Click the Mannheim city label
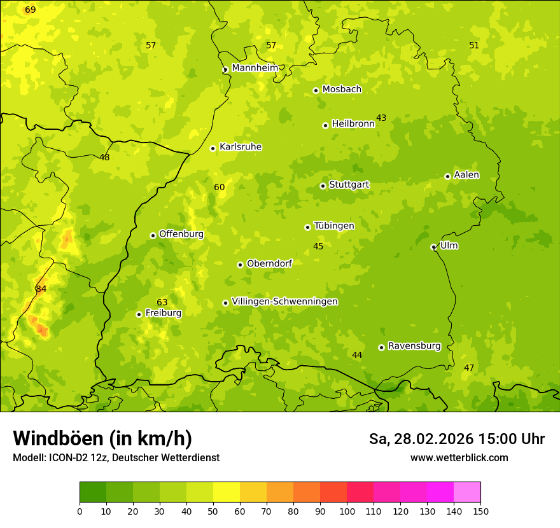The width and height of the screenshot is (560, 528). tap(255, 68)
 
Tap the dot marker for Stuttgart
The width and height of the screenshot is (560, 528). tap(323, 186)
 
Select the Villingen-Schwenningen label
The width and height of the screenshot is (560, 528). tap(284, 302)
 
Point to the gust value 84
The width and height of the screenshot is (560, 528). tap(41, 289)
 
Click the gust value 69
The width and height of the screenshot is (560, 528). tap(31, 10)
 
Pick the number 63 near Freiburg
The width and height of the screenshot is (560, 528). tap(162, 302)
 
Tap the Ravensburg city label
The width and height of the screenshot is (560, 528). tap(414, 346)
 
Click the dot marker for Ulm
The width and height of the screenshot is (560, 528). tap(433, 247)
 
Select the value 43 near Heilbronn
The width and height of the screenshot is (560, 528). tap(381, 118)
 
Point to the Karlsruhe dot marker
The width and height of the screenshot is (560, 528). tap(213, 148)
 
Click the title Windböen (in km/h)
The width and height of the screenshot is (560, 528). tap(102, 438)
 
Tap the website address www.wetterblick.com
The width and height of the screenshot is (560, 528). tap(459, 458)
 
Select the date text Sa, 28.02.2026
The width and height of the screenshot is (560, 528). tap(421, 439)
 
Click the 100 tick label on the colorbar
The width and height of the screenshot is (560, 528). tap(347, 510)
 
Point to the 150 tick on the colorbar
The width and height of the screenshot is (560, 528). tap(480, 510)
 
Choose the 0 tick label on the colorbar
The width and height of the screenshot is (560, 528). tap(80, 510)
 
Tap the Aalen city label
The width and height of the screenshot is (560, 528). tap(466, 175)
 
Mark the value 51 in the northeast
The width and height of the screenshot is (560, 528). tap(474, 45)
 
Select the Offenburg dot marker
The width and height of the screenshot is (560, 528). tap(153, 235)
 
